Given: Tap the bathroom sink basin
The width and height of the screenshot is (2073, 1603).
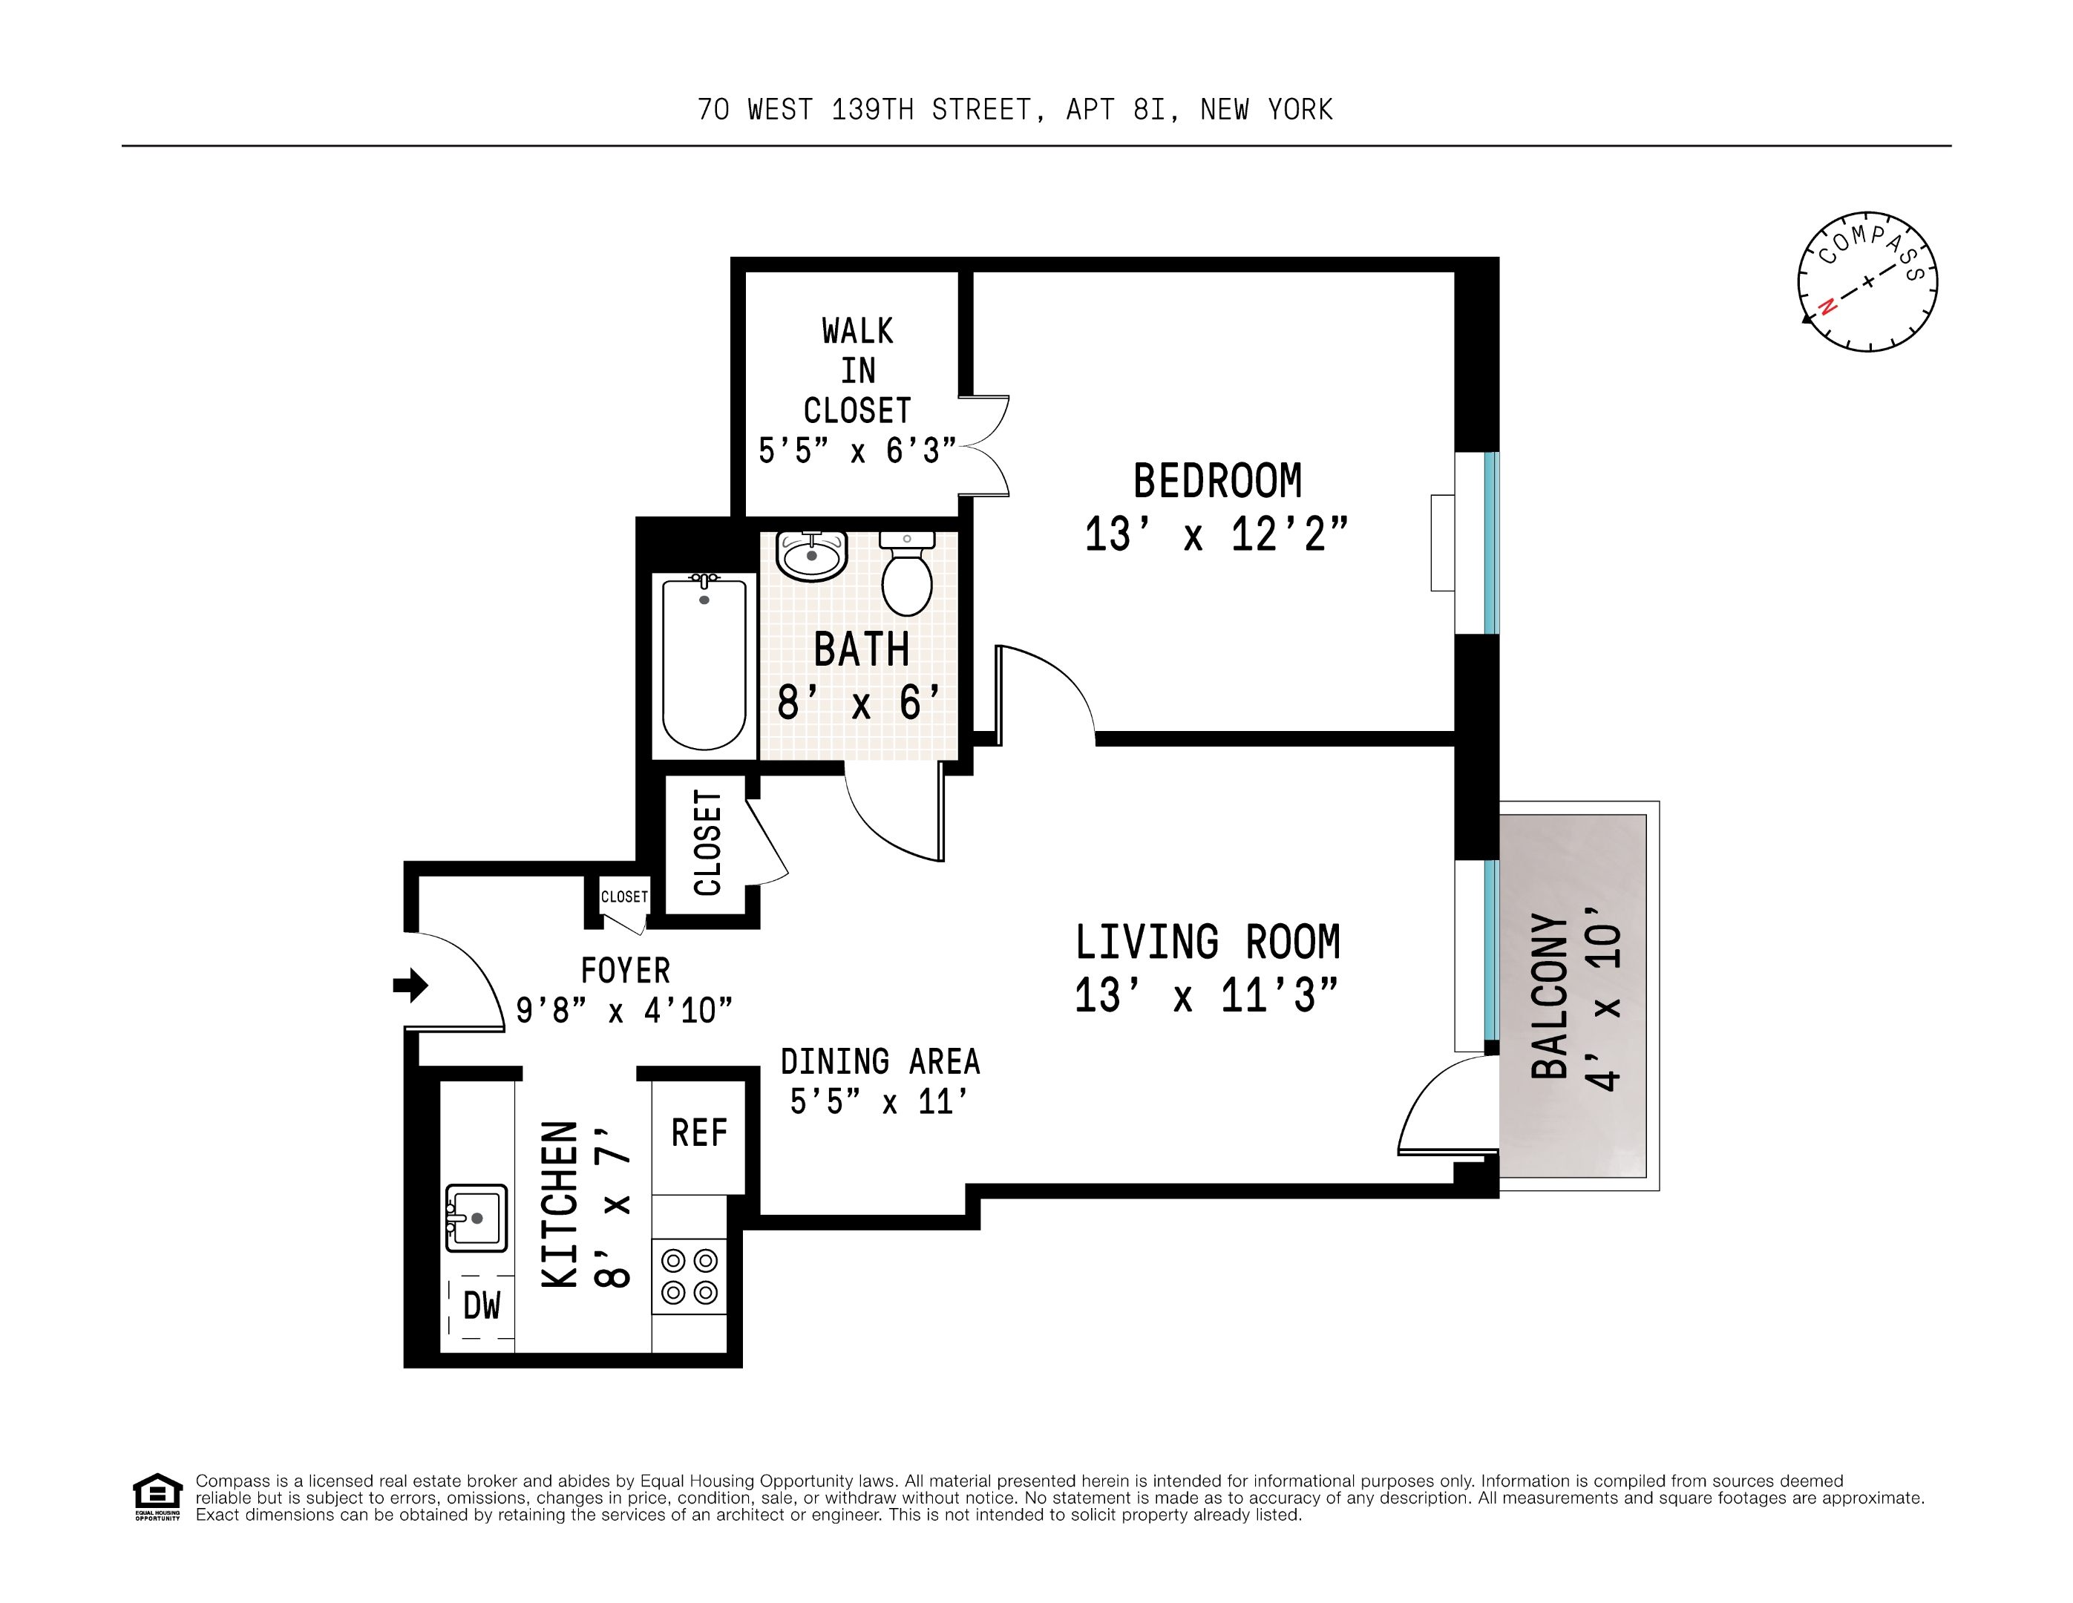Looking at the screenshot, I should click(x=811, y=555).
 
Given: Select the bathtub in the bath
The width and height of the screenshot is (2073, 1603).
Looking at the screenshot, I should click(x=704, y=664).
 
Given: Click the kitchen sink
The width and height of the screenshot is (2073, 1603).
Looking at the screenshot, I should click(x=477, y=1218).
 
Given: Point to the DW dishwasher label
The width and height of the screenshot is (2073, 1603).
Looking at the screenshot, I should click(x=481, y=1306).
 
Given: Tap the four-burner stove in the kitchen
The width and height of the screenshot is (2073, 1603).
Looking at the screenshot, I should click(x=689, y=1276).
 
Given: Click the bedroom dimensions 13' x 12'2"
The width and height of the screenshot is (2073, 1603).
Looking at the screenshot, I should click(x=1216, y=534).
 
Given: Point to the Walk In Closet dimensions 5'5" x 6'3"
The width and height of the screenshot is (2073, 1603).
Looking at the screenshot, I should click(x=857, y=450).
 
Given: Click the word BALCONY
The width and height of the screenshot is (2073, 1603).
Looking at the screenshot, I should click(x=1549, y=997).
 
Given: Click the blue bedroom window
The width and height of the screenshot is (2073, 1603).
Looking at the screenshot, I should click(x=1491, y=543).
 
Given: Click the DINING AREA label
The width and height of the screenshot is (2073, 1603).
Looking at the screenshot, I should click(x=880, y=1061).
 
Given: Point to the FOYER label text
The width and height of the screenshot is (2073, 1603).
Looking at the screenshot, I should click(x=626, y=971).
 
